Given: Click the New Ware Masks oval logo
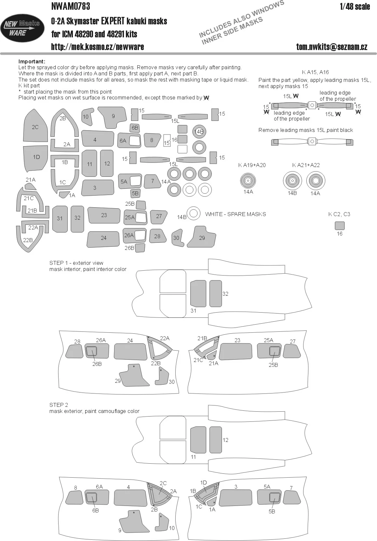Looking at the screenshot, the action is (22, 28).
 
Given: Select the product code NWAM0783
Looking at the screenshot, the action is (71, 6).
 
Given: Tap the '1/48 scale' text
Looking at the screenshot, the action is (355, 6).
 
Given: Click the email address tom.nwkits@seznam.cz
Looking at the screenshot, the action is (332, 46).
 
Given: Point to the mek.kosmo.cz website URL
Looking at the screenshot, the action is (98, 46).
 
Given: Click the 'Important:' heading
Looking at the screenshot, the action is (32, 62).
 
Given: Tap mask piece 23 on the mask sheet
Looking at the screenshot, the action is (104, 215).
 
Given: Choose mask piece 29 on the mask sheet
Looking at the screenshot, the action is (201, 237).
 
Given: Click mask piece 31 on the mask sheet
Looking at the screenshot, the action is (60, 219).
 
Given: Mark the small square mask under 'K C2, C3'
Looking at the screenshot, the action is (340, 226).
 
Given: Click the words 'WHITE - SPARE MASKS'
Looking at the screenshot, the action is (236, 214).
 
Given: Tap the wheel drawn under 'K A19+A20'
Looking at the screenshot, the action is (248, 181).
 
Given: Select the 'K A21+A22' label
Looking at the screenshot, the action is (306, 165).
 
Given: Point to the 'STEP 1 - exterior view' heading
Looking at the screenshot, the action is (76, 263).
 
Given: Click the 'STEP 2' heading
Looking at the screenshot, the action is (59, 405).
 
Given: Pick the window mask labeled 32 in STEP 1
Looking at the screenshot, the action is (216, 293).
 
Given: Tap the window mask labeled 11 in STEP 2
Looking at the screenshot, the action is (198, 440).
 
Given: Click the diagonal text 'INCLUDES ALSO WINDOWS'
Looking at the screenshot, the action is (241, 19).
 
